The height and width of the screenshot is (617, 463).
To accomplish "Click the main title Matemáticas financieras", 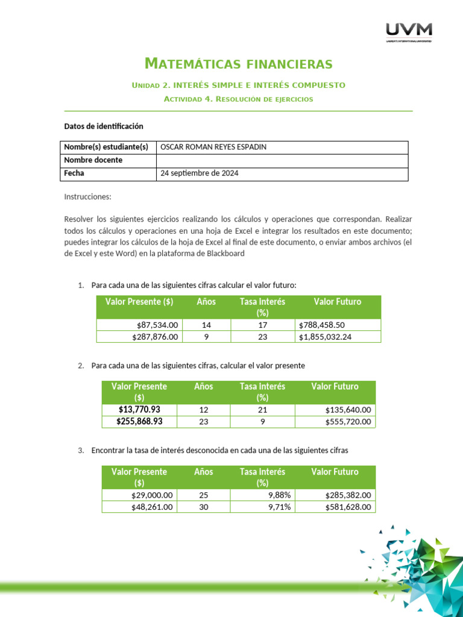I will click(239, 63).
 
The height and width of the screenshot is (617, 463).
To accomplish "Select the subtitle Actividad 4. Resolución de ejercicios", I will click(239, 99).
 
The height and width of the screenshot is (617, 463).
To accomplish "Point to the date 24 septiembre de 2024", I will click(199, 173).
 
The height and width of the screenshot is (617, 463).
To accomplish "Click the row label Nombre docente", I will click(93, 160).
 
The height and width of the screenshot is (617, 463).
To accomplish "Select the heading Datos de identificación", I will click(104, 127).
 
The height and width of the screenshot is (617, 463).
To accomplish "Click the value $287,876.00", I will click(155, 337).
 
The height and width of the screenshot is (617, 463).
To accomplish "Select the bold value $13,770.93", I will click(139, 410).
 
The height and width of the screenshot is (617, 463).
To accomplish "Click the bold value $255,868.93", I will click(139, 422).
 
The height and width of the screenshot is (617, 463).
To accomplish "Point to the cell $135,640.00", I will click(348, 410).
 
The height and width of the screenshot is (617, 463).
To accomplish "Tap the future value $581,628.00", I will click(348, 507).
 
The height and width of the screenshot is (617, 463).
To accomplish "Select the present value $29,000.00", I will click(152, 495).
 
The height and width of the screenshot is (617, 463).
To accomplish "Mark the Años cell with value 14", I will click(206, 325).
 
